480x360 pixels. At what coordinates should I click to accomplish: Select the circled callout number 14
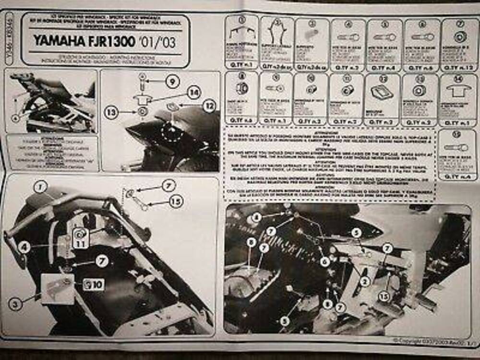tap(193, 92)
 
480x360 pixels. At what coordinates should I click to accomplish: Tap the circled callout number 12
tap(209, 106)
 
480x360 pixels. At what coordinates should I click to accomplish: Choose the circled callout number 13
tap(111, 112)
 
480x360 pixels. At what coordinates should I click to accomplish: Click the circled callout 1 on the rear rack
tap(40, 187)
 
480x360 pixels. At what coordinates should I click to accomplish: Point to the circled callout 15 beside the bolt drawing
tap(176, 202)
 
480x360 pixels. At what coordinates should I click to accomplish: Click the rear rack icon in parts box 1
tap(241, 34)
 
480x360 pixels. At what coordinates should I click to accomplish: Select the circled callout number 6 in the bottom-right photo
tap(325, 262)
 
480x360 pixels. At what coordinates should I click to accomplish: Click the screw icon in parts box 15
tap(456, 147)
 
